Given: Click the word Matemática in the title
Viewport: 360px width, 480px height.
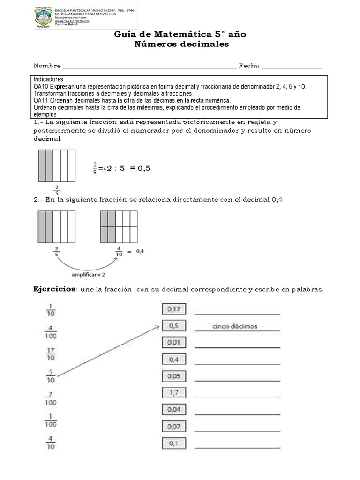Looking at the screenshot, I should pyautogui.click(x=166, y=35).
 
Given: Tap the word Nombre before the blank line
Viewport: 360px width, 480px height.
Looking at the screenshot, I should pyautogui.click(x=47, y=66).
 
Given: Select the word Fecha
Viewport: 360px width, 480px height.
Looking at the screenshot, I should pyautogui.click(x=249, y=66).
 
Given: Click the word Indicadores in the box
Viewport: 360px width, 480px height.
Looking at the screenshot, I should pyautogui.click(x=48, y=79).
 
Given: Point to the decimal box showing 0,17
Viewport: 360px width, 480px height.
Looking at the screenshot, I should pyautogui.click(x=174, y=309).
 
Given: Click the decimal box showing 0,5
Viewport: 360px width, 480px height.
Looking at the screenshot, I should pyautogui.click(x=174, y=326).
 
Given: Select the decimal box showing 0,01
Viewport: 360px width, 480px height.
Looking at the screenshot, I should pyautogui.click(x=174, y=343).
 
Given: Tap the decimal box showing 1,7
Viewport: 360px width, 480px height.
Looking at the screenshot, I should pyautogui.click(x=174, y=393).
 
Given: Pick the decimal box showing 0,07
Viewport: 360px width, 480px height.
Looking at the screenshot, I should pyautogui.click(x=174, y=427).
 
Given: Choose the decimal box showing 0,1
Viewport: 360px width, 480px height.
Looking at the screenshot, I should pyautogui.click(x=174, y=443).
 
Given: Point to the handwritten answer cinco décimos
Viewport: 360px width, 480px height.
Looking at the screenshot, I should pyautogui.click(x=234, y=326).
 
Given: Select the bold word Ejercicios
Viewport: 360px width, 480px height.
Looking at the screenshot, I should pyautogui.click(x=54, y=289).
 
